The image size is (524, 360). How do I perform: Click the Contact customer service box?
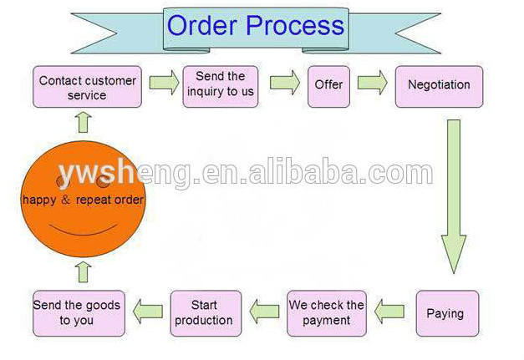[87, 87]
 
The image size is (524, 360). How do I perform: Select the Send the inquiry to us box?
[221, 84]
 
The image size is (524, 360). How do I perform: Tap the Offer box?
[328, 84]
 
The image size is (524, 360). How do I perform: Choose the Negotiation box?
[439, 84]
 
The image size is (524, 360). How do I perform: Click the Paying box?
[446, 313]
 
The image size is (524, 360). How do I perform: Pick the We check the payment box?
[327, 312]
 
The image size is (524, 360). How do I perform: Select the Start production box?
[206, 312]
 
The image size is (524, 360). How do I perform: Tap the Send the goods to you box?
[77, 312]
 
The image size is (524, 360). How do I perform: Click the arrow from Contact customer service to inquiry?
[165, 83]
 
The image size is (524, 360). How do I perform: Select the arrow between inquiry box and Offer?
[284, 83]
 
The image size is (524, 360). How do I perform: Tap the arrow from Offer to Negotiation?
[373, 83]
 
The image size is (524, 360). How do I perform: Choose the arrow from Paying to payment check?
[389, 312]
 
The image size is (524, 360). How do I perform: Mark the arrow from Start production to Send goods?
[148, 312]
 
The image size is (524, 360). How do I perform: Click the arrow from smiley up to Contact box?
[83, 123]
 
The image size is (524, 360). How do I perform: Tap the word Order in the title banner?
[205, 25]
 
